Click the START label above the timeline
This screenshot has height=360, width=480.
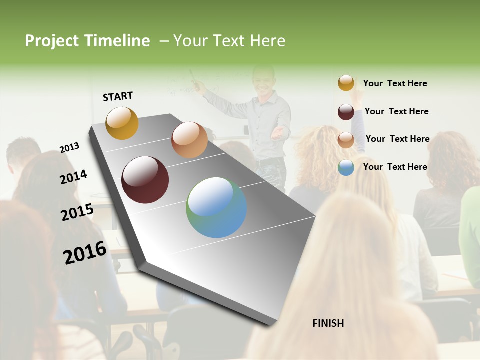coord(118,96)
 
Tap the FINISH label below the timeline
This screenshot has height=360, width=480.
coord(328,323)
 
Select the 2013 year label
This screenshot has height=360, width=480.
coord(69,147)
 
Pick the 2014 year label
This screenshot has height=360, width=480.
coord(74,177)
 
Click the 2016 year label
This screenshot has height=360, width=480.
coord(85,252)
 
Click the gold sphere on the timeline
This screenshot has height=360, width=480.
coord(122,123)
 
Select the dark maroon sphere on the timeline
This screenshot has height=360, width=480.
coord(145,180)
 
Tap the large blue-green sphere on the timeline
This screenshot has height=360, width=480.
coord(216,207)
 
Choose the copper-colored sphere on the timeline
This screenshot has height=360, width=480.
coord(189,140)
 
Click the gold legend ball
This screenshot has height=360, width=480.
coord(346,83)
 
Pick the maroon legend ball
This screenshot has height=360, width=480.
coord(346,112)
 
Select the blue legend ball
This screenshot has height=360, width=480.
coord(346,167)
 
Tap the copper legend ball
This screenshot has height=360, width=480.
coord(346,139)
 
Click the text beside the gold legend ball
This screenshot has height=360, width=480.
coord(395,83)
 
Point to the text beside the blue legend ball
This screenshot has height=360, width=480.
coord(395,167)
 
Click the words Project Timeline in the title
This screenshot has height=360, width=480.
coord(87,41)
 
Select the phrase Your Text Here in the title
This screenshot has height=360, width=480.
coord(229,41)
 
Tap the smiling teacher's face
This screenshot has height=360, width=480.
coord(262,79)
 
